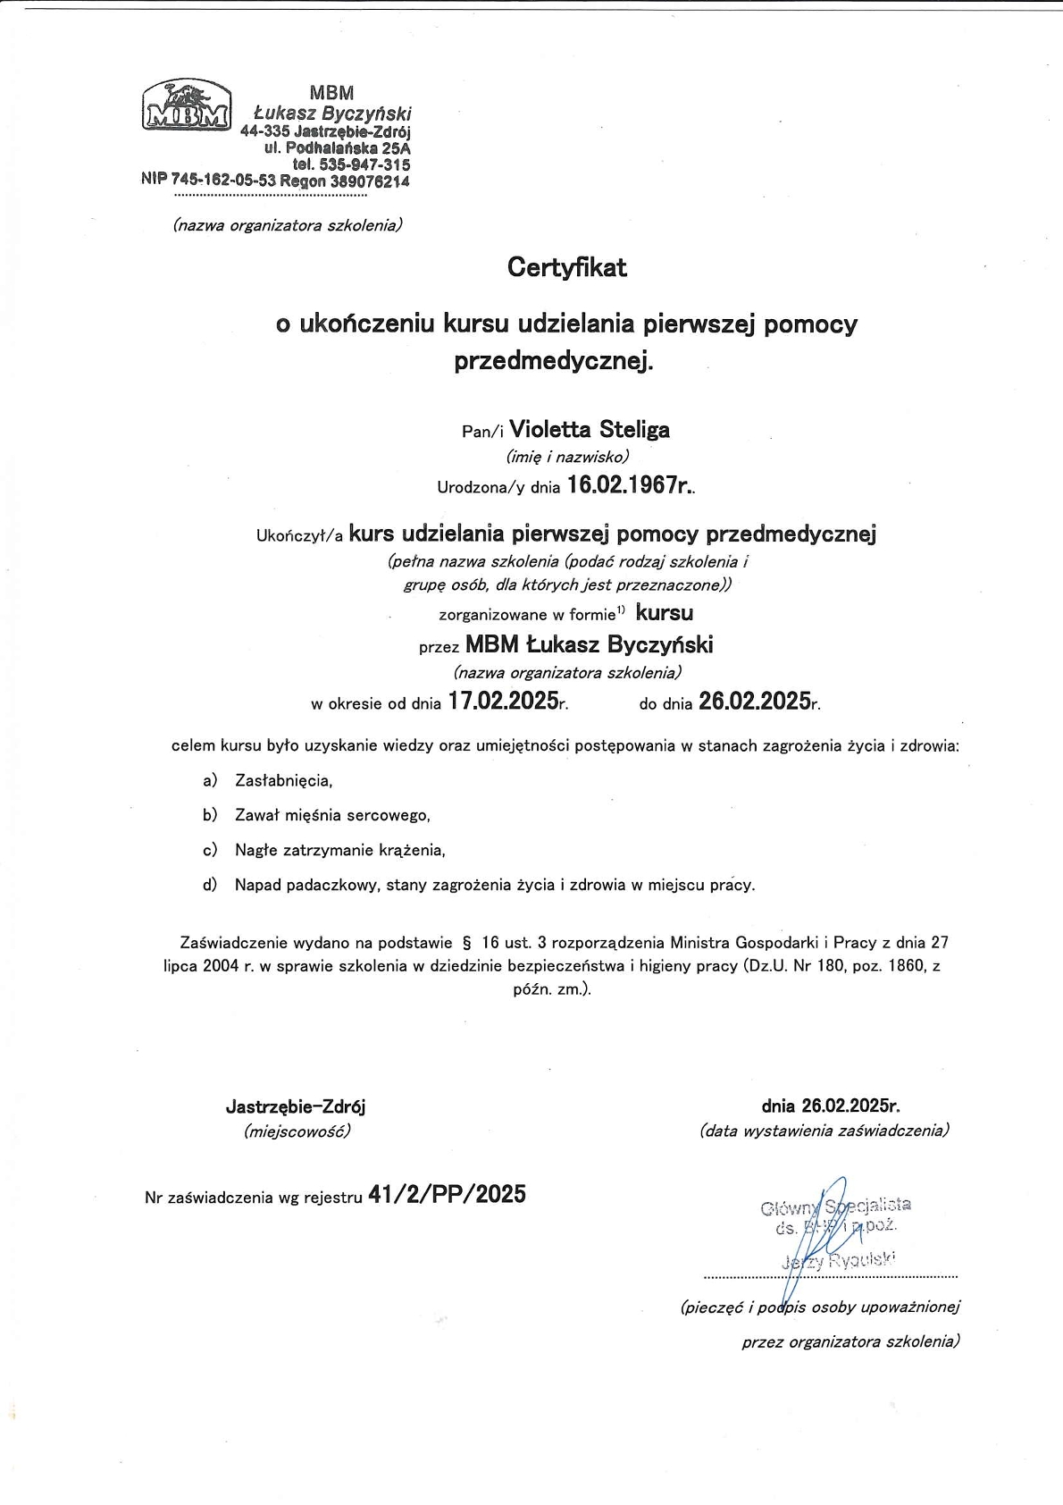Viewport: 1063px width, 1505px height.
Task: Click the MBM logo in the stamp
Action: click(x=186, y=105)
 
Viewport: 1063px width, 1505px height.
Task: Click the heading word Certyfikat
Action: click(x=566, y=267)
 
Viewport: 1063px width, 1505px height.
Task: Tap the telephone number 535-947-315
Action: click(x=364, y=164)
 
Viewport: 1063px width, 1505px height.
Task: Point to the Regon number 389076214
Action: click(x=369, y=181)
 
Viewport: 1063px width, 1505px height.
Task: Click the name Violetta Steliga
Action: click(x=589, y=430)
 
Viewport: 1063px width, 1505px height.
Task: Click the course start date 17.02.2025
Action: click(x=503, y=702)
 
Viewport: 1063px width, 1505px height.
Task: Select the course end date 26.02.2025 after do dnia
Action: click(x=754, y=702)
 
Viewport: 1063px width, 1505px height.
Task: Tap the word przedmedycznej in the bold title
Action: click(x=549, y=361)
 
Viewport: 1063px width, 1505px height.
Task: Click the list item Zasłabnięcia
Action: click(x=283, y=780)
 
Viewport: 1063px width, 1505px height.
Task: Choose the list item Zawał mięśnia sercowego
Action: click(x=332, y=815)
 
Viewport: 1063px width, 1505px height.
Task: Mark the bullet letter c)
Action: click(x=210, y=850)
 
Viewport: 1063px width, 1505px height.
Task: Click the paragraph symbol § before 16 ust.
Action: click(x=466, y=942)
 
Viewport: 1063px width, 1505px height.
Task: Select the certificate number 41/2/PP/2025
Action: click(x=447, y=1194)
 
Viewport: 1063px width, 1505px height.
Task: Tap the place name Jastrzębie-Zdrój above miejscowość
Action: click(x=296, y=1106)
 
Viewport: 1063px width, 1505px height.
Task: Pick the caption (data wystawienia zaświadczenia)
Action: click(x=824, y=1131)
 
